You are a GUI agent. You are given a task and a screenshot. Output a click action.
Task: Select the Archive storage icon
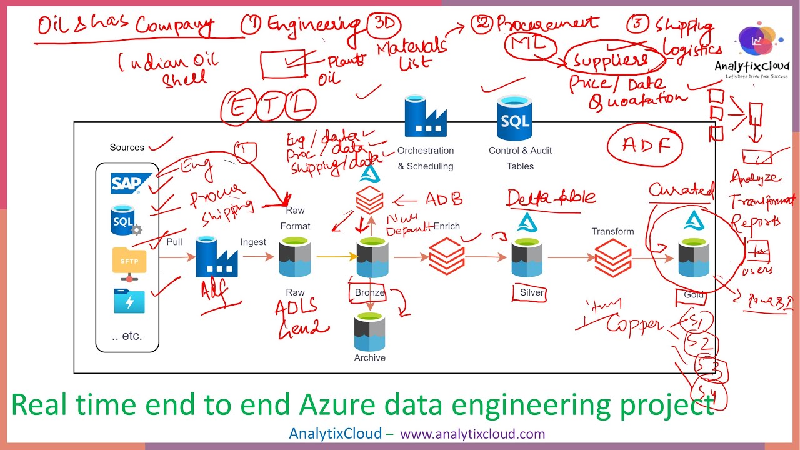pos(370,332)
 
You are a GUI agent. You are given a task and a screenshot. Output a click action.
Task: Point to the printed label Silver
pos(532,292)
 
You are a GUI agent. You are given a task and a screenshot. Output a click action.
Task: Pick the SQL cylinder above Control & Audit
pos(514,118)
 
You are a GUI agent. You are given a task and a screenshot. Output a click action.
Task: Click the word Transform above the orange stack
pos(612,231)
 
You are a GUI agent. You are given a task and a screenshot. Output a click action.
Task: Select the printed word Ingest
pos(253,242)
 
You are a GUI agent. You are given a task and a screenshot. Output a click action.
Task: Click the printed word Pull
pos(174,242)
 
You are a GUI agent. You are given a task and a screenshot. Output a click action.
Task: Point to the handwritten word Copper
pos(634,324)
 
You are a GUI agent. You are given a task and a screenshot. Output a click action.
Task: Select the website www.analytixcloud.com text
pos(472,434)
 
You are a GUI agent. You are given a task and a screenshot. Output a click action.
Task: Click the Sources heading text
pos(127,147)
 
